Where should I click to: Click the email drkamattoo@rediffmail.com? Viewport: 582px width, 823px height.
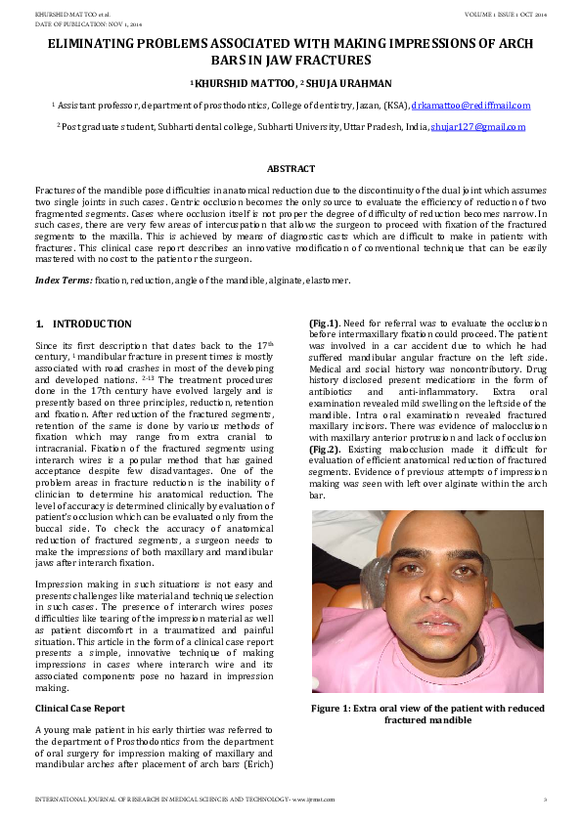tap(470, 105)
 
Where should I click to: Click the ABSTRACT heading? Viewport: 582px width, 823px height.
tap(291, 169)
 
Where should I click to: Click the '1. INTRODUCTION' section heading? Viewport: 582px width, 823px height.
tap(83, 324)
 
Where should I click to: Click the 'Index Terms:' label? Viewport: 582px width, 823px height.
tap(64, 281)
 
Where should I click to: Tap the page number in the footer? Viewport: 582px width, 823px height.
tap(545, 800)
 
